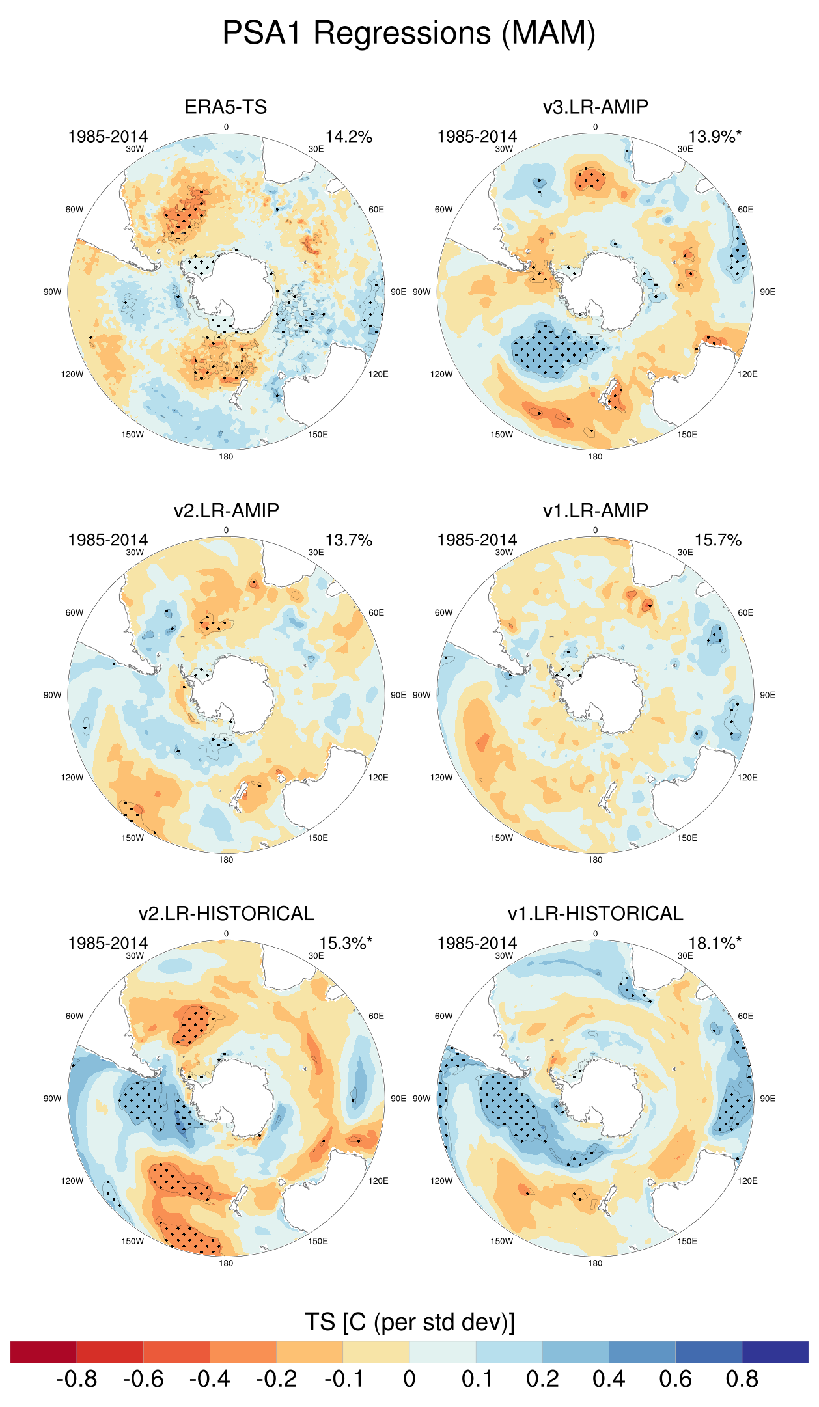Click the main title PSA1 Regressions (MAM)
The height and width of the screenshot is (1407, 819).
click(x=409, y=33)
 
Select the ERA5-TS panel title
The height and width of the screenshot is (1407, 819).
click(x=226, y=107)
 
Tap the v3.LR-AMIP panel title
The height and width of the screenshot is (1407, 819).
click(x=595, y=107)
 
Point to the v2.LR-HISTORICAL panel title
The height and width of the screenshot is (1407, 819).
click(x=226, y=913)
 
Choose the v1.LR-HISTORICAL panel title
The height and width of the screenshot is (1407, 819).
click(x=595, y=913)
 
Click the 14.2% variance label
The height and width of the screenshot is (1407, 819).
click(x=349, y=137)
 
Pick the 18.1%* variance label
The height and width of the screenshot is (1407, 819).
click(x=715, y=943)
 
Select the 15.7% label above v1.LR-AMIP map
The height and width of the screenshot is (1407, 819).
click(x=718, y=540)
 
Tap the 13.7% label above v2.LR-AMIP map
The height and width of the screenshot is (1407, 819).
click(x=349, y=540)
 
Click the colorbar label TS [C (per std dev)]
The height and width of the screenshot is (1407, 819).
click(x=409, y=1322)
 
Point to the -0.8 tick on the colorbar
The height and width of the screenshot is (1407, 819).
click(x=77, y=1378)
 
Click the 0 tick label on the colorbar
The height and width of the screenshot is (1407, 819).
click(x=409, y=1378)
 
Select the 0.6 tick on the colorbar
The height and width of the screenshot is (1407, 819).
click(x=675, y=1378)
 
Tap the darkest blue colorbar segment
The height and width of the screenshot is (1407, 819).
click(x=775, y=1352)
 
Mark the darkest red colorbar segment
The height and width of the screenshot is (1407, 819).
click(x=44, y=1352)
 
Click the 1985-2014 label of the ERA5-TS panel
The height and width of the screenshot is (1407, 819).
click(x=108, y=137)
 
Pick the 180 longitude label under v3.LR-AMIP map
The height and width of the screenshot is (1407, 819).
click(x=595, y=456)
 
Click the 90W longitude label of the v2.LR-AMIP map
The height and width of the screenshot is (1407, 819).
click(x=53, y=695)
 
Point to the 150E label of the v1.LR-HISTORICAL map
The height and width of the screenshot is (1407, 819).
click(x=687, y=1241)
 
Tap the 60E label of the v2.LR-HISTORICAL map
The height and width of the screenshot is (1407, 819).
click(x=376, y=1016)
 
